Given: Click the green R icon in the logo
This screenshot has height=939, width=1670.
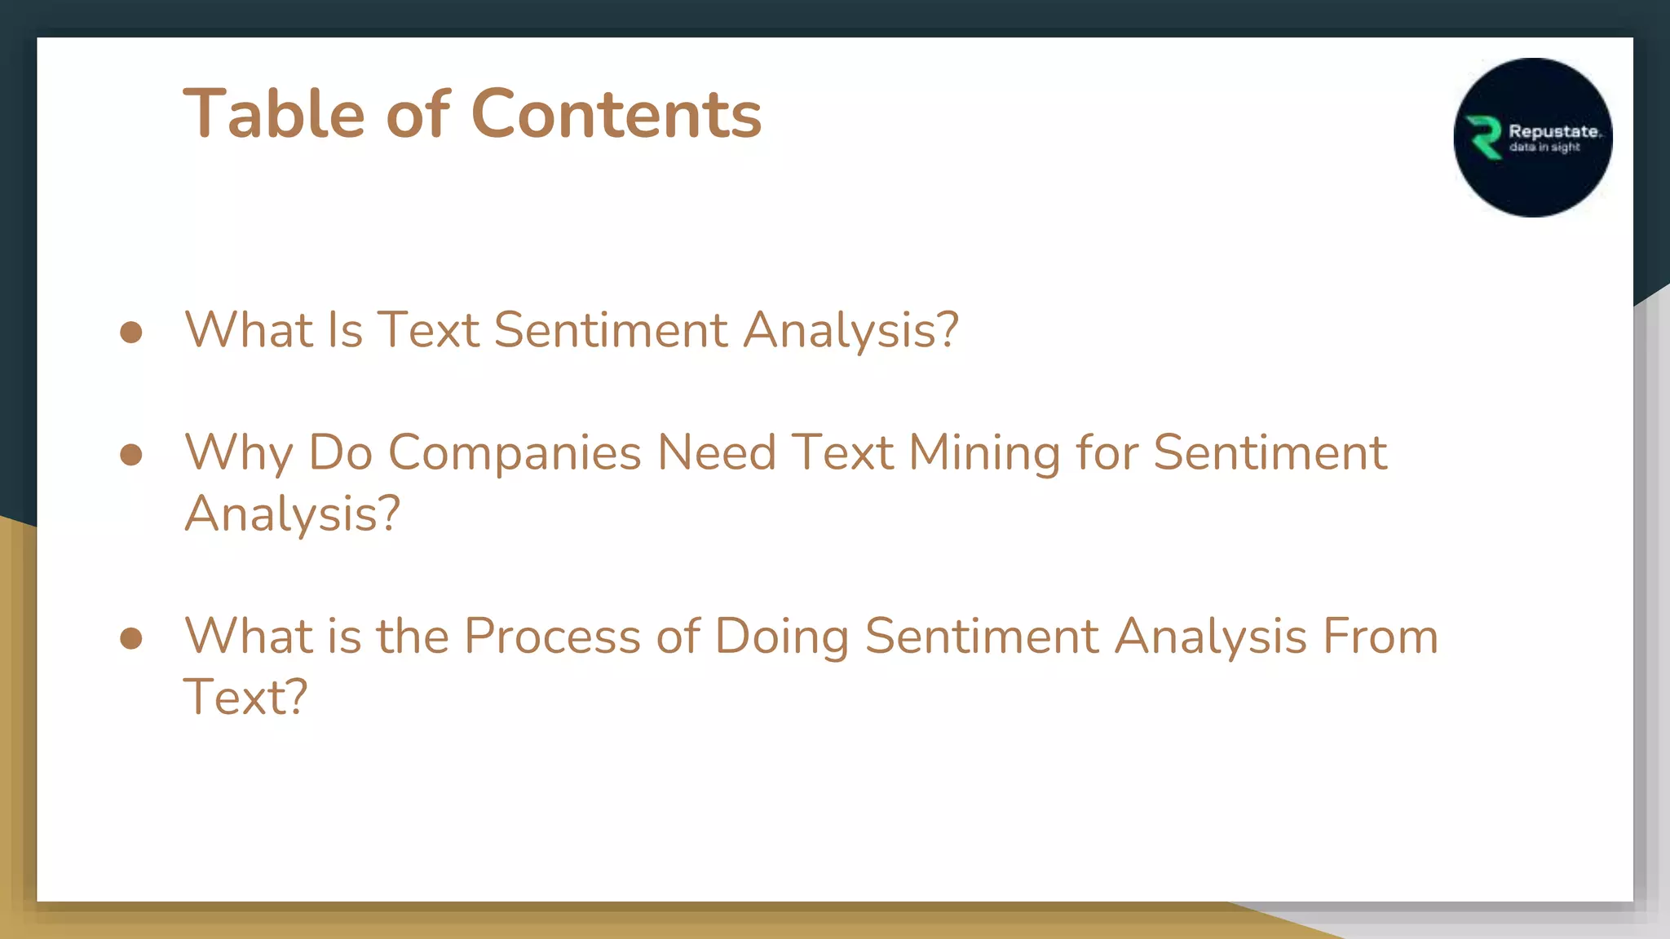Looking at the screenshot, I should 1484,138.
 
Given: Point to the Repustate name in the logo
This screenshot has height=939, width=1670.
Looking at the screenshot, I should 1553,131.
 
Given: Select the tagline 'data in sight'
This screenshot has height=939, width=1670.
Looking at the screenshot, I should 1544,148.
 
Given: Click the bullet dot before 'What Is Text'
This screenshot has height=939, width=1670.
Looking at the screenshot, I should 131,332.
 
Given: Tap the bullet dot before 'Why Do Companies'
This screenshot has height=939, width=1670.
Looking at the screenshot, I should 131,454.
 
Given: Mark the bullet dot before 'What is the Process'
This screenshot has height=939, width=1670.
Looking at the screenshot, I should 131,637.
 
